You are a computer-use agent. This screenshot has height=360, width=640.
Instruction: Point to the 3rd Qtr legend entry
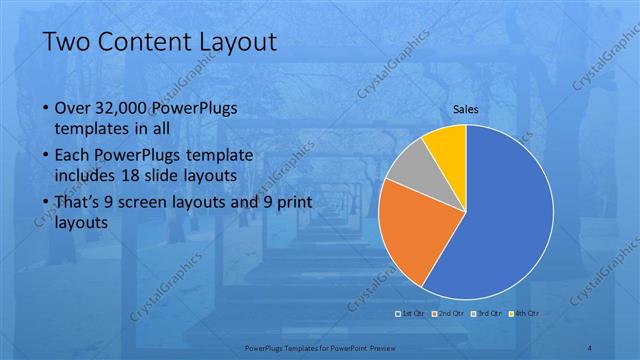[486, 314]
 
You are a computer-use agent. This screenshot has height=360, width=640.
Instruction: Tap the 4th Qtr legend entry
[522, 314]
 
